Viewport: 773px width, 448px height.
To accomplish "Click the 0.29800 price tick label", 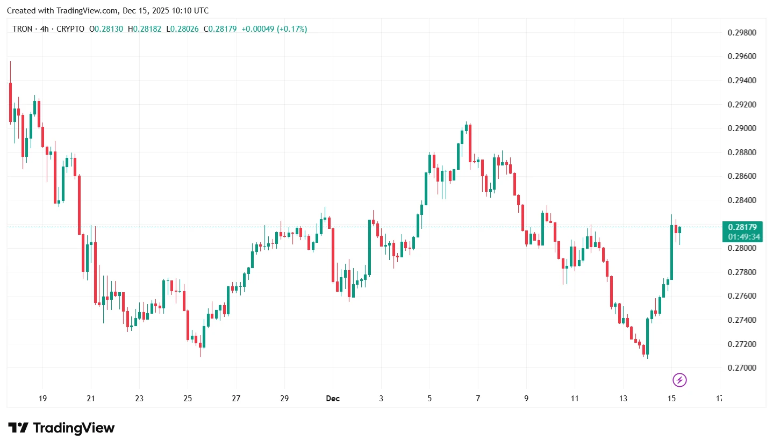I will pyautogui.click(x=742, y=33).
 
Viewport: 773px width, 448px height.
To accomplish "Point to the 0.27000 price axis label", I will pyautogui.click(x=742, y=368).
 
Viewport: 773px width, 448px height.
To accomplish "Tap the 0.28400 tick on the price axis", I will pyautogui.click(x=742, y=200).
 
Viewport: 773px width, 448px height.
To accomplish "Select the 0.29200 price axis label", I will pyautogui.click(x=742, y=104).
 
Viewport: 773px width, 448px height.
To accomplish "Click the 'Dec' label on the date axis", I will pyautogui.click(x=333, y=399).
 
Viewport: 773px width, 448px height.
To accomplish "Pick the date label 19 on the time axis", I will pyautogui.click(x=42, y=399).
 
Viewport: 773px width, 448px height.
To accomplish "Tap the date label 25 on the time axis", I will pyautogui.click(x=188, y=399).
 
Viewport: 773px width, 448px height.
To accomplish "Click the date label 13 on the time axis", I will pyautogui.click(x=623, y=399).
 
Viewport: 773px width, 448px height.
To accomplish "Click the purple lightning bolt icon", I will pyautogui.click(x=679, y=380).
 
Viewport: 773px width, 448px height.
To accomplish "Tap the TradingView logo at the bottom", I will pyautogui.click(x=62, y=428).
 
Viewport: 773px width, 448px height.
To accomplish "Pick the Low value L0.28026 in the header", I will pyautogui.click(x=183, y=29).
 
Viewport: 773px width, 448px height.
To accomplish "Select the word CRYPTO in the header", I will pyautogui.click(x=70, y=29).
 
